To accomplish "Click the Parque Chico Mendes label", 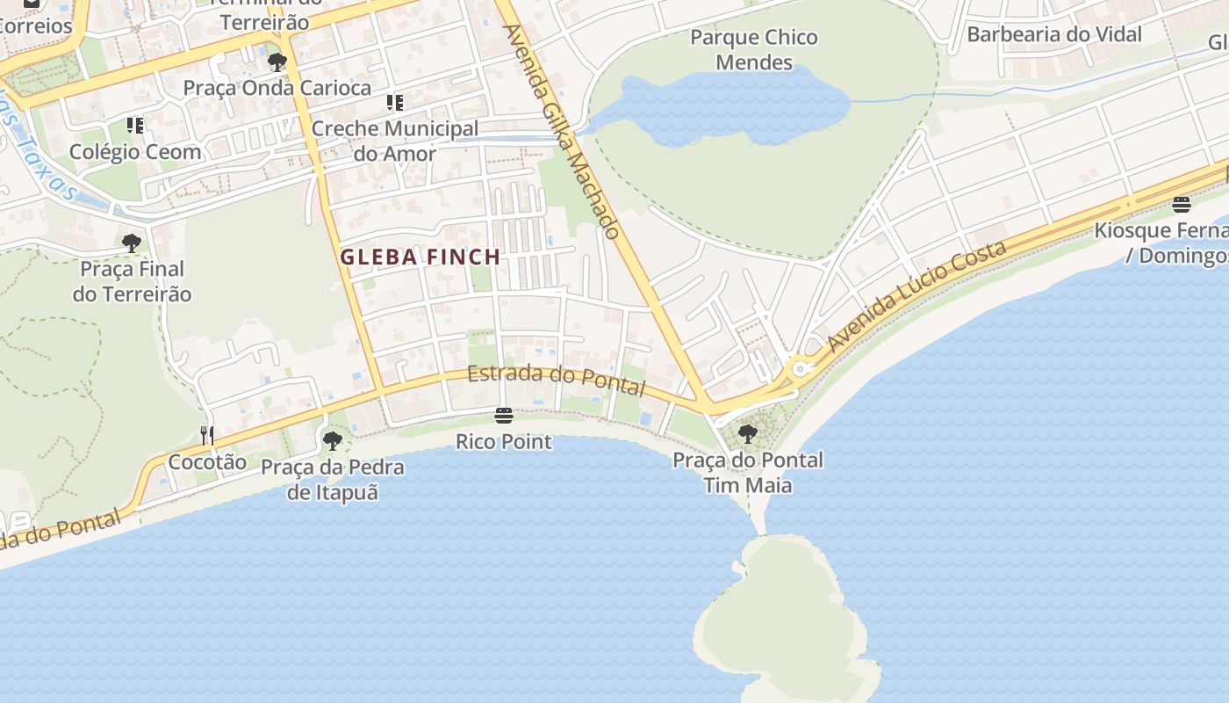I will (x=753, y=50).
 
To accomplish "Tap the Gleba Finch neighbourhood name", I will (x=420, y=257).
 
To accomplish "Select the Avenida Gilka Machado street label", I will (x=562, y=132).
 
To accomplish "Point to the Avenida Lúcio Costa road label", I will (x=917, y=296).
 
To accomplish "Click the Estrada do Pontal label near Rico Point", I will (x=557, y=380).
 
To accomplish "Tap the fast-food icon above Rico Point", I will (x=504, y=415).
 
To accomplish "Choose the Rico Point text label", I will (x=504, y=441).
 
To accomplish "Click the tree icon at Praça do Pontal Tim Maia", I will (x=747, y=433).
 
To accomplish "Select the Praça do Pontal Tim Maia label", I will (x=748, y=472).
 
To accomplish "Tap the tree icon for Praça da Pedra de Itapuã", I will (x=332, y=440).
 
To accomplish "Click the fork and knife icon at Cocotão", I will (x=207, y=435).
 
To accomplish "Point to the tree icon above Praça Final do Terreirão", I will (x=132, y=243).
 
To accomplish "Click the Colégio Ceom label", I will (x=135, y=152).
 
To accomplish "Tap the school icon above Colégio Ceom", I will (x=134, y=126).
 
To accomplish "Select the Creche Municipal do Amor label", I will (x=395, y=141).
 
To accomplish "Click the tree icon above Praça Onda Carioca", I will (x=277, y=62).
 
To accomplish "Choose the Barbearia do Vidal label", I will (x=1054, y=34).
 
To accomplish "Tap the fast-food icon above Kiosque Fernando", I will (x=1182, y=205).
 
